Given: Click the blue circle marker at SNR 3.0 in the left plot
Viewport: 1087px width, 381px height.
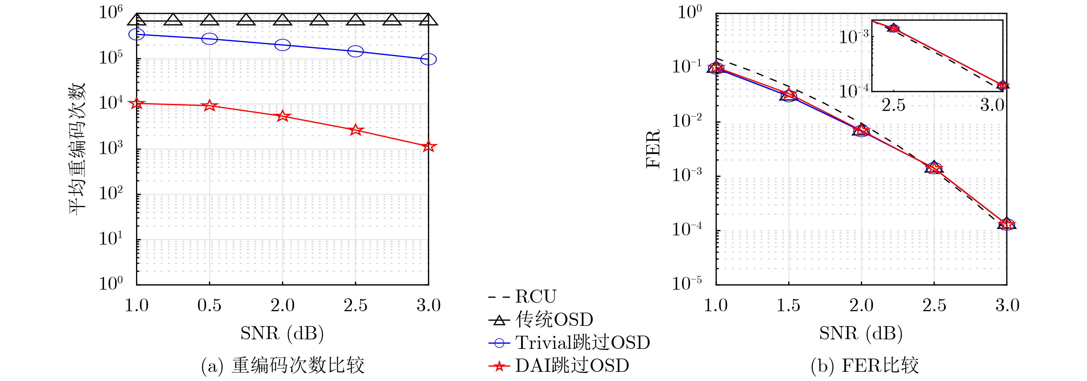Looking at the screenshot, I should [x=428, y=59].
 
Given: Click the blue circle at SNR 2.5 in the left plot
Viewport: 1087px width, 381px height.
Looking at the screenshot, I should [x=355, y=51].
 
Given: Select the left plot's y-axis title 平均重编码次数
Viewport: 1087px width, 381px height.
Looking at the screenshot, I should [x=78, y=148].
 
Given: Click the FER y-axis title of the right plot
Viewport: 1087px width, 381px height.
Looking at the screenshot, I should [x=653, y=148].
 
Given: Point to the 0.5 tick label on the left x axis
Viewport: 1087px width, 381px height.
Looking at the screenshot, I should [x=209, y=305].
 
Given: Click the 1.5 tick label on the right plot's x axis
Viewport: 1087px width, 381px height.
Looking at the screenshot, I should [x=788, y=305].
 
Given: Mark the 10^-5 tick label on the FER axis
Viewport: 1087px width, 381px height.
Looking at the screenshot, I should [x=686, y=283].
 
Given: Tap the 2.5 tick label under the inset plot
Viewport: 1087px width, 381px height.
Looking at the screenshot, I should [x=893, y=105].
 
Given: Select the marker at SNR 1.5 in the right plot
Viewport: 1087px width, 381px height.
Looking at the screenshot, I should [x=788, y=95].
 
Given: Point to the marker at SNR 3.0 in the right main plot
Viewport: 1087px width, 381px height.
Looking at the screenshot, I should [x=1007, y=224].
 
